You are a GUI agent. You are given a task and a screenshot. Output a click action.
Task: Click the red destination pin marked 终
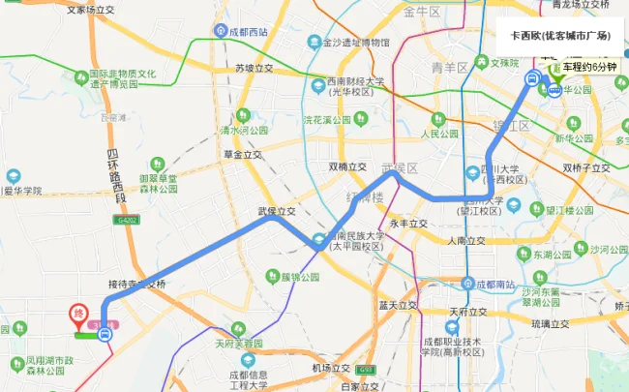78,315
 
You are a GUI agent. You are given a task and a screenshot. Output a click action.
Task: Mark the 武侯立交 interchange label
275,210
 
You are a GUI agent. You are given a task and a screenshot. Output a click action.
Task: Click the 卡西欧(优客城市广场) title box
560,35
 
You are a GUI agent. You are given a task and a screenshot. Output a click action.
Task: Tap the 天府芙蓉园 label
238,344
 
